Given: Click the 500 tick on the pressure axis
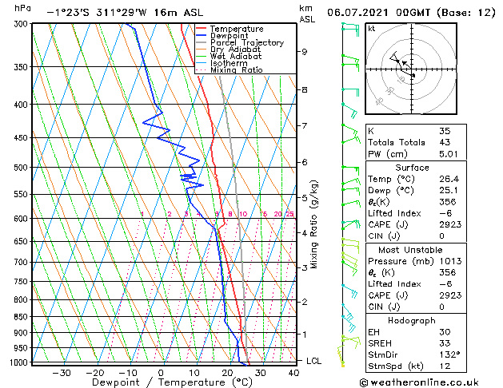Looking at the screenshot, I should click(x=21, y=168).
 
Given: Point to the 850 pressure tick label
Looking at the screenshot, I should click(x=21, y=317).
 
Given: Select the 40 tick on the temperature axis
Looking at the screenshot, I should click(x=293, y=372).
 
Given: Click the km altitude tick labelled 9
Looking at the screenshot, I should click(x=304, y=52).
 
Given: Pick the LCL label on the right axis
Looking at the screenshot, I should click(x=314, y=361).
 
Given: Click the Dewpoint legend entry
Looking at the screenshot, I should click(x=229, y=35).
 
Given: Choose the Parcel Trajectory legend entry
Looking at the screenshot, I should click(x=246, y=42).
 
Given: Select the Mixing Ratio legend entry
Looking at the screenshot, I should click(x=237, y=70).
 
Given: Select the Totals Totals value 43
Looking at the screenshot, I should click(x=445, y=142).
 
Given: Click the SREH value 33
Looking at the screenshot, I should click(x=445, y=342).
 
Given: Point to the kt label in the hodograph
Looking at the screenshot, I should click(x=372, y=29).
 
